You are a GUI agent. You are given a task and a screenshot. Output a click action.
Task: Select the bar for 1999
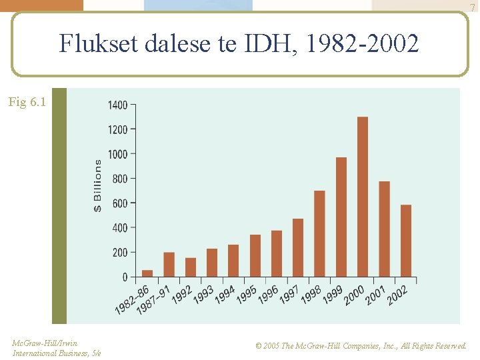[341, 217]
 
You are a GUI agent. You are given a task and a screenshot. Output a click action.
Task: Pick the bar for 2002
[406, 241]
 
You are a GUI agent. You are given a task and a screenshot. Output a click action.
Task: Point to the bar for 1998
[319, 234]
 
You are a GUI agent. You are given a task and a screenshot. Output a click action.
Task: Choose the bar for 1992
[191, 267]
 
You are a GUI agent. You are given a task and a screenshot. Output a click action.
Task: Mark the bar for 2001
[384, 229]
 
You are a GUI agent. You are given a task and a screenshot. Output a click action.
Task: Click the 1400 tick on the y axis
[118, 105]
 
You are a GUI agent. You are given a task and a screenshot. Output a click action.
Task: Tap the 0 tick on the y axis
[124, 277]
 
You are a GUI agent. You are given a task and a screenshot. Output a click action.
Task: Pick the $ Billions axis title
[97, 185]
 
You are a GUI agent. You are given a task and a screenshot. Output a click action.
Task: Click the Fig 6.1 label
[27, 102]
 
